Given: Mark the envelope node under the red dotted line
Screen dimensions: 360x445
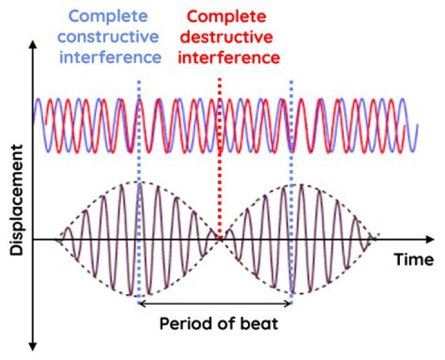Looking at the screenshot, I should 219,239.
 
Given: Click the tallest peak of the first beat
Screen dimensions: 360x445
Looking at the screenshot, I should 141,183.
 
